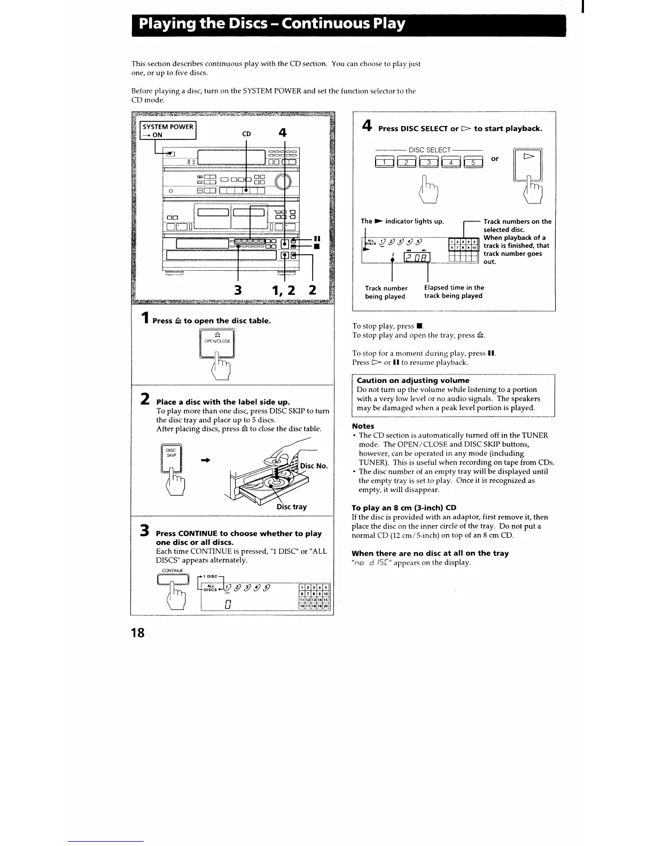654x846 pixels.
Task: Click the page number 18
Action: pos(138,632)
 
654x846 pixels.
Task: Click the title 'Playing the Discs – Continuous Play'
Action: pos(271,25)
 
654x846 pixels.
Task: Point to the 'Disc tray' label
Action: pos(291,506)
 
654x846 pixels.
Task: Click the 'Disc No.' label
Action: pos(314,466)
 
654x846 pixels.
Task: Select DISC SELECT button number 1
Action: pos(384,162)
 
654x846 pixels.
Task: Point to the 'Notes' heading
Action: pos(363,426)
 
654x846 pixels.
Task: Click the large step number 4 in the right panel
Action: pos(367,126)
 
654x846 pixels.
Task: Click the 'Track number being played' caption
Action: pos(386,292)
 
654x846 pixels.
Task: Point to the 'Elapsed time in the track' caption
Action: pos(454,292)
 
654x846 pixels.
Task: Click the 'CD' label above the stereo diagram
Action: pos(246,134)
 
